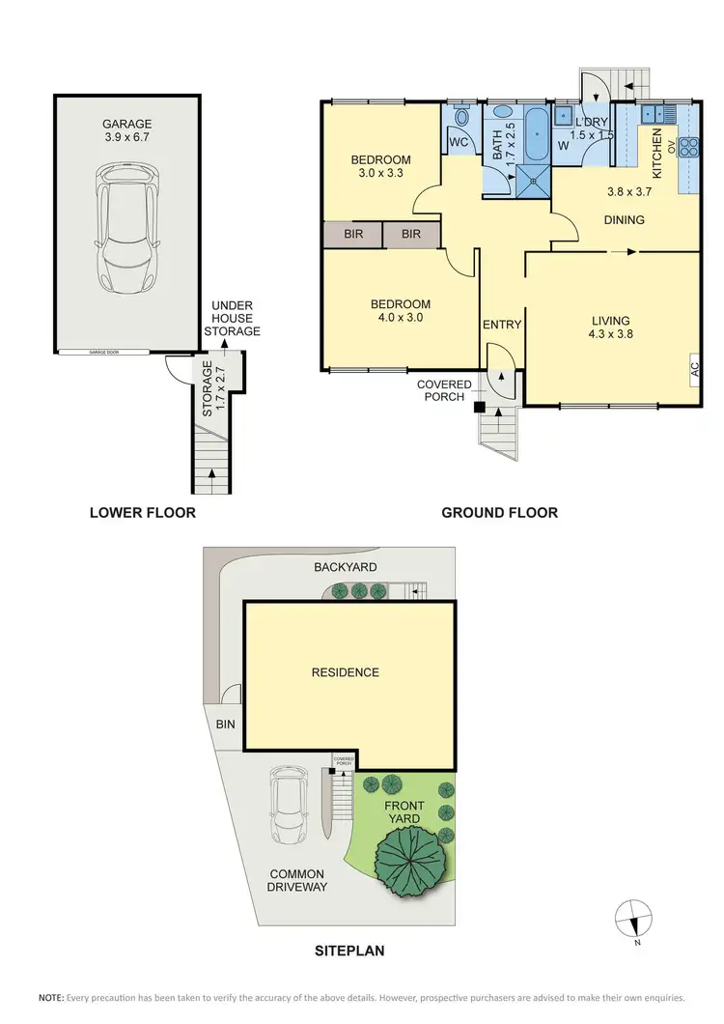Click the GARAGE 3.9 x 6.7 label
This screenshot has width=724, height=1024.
pos(128,130)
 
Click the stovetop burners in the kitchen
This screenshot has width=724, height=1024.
pos(689,147)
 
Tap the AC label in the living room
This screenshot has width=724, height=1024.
pos(693,367)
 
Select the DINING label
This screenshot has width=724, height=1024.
pos(624,220)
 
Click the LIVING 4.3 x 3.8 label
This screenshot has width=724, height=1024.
pos(611,327)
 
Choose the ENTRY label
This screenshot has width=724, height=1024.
pos(501,325)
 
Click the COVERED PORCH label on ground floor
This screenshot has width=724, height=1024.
pos(444,389)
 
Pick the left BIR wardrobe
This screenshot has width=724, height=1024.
pos(353,234)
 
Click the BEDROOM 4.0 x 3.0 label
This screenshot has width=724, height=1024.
pos(401,310)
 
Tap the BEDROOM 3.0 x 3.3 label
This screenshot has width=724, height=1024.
pos(380,166)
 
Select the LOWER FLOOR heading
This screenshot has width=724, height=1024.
pos(143,513)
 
